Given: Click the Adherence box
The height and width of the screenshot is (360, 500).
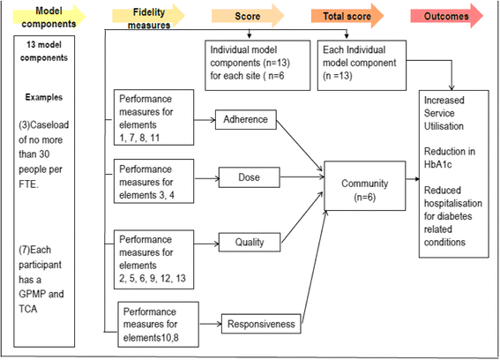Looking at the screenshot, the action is [245, 120].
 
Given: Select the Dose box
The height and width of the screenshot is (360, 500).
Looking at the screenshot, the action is [249, 177].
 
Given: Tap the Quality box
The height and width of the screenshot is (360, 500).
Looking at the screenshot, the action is [250, 243].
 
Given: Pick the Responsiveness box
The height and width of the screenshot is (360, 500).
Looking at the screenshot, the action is [261, 324].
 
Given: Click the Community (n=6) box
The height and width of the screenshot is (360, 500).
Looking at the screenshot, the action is [365, 186].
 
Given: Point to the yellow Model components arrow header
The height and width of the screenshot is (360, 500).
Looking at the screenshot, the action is [49, 17].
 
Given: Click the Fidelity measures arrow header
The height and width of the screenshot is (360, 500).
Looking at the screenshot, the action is [149, 18].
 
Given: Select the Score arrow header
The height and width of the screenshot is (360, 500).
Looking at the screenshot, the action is [248, 16].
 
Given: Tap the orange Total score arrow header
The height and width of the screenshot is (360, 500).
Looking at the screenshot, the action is [347, 16].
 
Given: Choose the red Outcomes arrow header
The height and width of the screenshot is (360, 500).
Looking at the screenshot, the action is [447, 16].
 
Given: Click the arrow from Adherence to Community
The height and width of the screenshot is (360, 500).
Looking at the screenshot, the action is [300, 146].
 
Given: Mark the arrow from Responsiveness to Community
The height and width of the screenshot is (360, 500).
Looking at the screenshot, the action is [314, 267].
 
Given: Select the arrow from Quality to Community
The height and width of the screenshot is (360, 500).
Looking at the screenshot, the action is [302, 217].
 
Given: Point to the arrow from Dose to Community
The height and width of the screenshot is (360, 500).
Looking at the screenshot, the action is [302, 177].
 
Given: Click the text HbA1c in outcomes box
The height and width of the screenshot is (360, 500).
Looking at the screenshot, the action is [437, 164].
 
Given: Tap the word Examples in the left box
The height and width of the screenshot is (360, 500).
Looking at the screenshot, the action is [44, 97].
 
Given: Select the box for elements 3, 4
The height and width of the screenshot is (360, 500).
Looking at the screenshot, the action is [153, 181].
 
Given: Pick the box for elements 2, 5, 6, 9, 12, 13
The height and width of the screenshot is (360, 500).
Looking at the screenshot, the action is [153, 259].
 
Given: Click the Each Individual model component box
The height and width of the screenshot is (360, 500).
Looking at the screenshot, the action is [362, 65].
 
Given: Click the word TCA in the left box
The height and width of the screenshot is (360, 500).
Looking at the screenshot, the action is [28, 309].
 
